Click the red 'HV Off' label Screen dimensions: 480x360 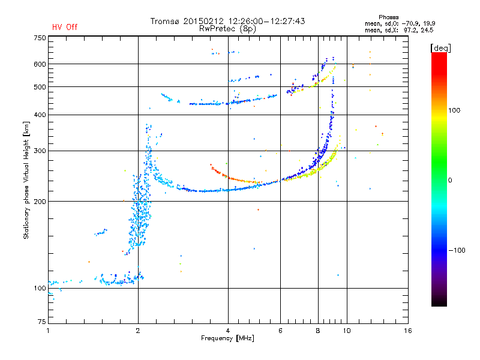click(x=65, y=27)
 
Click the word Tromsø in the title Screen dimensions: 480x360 click(x=165, y=21)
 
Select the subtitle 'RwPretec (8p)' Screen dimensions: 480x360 click(x=227, y=29)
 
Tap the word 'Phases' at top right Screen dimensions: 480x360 click(x=388, y=17)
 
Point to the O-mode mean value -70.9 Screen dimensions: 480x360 click(x=409, y=23)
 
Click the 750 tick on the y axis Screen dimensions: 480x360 click(x=40, y=38)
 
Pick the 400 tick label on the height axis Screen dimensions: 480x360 click(x=40, y=115)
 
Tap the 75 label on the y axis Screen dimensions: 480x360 click(x=42, y=322)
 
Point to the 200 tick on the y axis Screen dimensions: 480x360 click(x=40, y=202)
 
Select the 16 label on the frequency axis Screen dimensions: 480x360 click(x=408, y=331)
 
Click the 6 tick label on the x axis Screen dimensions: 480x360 click(x=280, y=331)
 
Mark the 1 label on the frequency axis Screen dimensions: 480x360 click(x=48, y=331)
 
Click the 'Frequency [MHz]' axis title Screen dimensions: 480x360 click(x=227, y=338)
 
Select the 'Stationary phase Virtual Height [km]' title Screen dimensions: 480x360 click(x=26, y=180)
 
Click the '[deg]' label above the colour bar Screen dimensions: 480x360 click(x=440, y=48)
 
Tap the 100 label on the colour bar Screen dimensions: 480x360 click(x=454, y=110)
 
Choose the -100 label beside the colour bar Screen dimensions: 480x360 click(x=457, y=250)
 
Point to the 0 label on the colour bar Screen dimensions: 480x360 click(x=450, y=181)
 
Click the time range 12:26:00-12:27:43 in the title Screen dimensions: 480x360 click(x=266, y=21)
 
